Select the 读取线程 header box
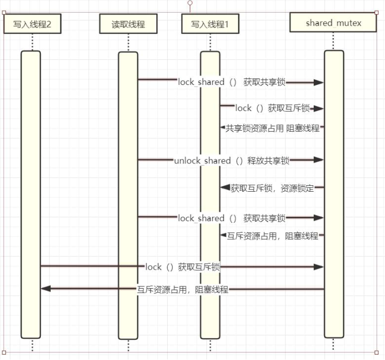(x=128, y=25)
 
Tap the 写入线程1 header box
(x=209, y=25)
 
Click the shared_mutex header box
(x=333, y=23)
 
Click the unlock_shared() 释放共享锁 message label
(x=231, y=161)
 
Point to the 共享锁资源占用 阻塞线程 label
(x=272, y=128)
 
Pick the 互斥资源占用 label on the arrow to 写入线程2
(x=182, y=290)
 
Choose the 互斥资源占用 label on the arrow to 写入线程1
(x=272, y=236)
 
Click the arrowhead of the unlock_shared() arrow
(x=319, y=160)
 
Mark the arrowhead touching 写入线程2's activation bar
(x=46, y=289)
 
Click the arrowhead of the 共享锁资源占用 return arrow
(x=222, y=127)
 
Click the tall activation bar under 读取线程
(x=128, y=196)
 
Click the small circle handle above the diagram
(x=190, y=3)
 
